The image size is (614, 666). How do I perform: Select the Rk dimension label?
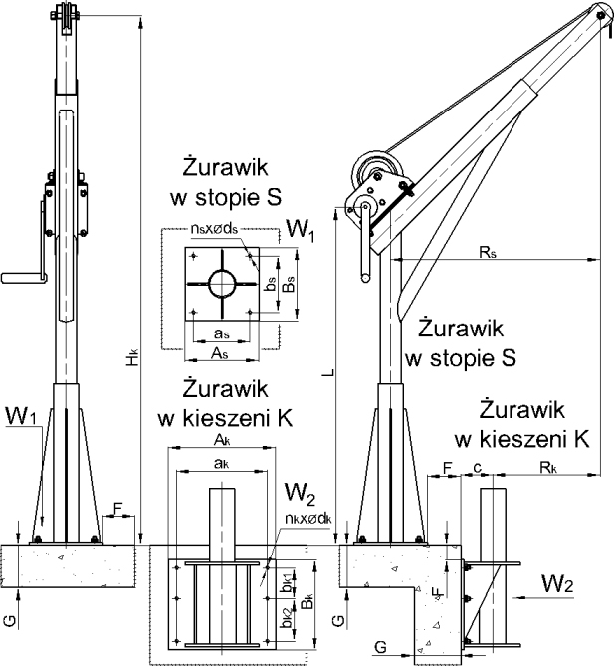[553, 465]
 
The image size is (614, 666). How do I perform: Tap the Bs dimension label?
[285, 287]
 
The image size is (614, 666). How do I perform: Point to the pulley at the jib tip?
[598, 12]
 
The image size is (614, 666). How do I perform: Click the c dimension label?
[479, 465]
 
